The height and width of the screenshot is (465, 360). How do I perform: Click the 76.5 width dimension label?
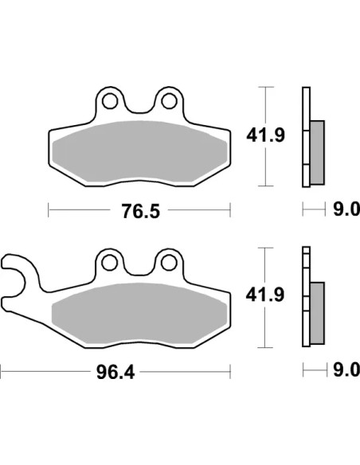pyautogui.click(x=141, y=211)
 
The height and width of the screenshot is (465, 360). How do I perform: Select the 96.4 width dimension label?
pyautogui.click(x=115, y=372)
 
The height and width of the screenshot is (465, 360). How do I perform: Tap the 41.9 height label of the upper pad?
pyautogui.click(x=266, y=135)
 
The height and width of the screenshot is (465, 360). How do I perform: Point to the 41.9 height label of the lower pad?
pyautogui.click(x=265, y=295)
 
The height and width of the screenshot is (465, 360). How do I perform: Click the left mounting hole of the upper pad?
pyautogui.click(x=110, y=101)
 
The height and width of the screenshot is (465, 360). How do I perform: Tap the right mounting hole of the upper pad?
pyautogui.click(x=169, y=101)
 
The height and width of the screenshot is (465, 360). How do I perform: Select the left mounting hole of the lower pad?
pyautogui.click(x=109, y=263)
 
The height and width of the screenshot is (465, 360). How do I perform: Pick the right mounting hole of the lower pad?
pyautogui.click(x=169, y=263)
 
